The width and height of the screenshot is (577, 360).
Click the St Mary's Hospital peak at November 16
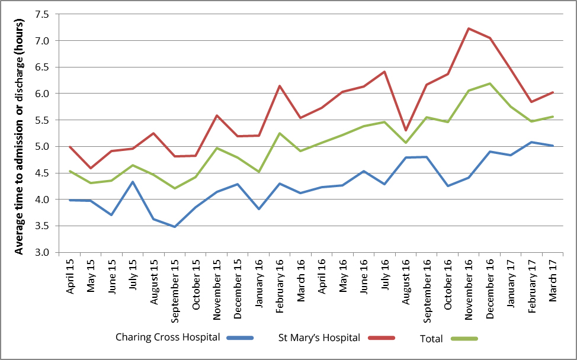pos(469,28)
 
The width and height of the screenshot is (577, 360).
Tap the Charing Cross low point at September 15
pos(174,227)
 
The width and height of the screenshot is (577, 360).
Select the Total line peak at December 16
pos(490,83)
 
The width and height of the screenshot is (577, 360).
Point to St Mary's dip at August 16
pos(405,130)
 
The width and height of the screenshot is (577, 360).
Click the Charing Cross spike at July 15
pos(132,182)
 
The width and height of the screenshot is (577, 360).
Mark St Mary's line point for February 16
pos(280,86)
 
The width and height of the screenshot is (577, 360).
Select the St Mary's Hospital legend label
pos(319,338)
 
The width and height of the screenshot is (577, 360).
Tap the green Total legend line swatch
pos(464,339)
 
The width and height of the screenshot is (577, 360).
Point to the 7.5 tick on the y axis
pos(47,14)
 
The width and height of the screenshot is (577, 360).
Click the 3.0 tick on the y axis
pos(47,252)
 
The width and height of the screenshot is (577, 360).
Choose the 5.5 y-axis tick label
pos(47,120)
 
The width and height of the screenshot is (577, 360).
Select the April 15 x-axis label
pos(70,279)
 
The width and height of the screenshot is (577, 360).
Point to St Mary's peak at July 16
pos(384,72)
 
